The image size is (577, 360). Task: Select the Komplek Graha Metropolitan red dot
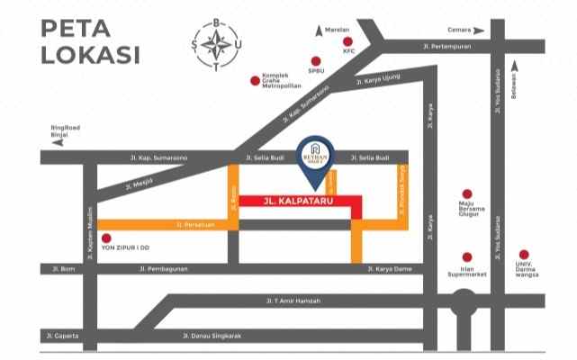coord(255,82)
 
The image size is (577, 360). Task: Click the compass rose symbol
coord(215,42)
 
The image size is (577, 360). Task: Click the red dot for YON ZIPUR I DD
coord(106,238)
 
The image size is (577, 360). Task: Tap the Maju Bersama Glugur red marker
coord(466,194)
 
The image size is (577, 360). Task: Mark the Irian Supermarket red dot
coord(466,256)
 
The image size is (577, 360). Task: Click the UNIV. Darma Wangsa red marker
coord(524,254)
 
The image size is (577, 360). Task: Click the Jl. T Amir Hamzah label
coord(293,301)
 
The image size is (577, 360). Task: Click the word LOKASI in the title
coord(90,56)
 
